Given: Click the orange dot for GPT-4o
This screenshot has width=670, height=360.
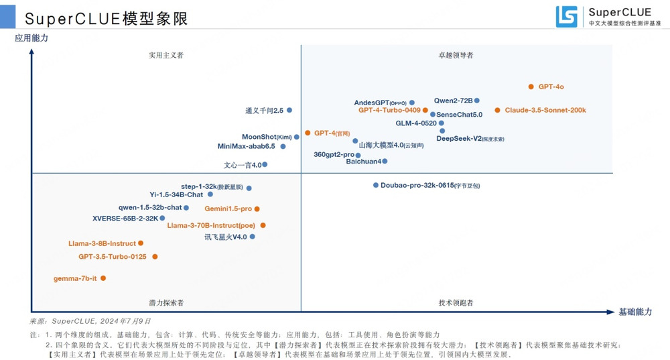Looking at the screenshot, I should [531, 86].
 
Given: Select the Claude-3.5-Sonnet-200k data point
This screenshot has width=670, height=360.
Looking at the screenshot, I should [497, 110].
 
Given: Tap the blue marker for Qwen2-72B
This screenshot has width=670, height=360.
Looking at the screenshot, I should [477, 101].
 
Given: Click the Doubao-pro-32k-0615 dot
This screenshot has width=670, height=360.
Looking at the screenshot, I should [376, 185].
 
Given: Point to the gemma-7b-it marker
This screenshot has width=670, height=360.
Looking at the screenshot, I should [103, 278].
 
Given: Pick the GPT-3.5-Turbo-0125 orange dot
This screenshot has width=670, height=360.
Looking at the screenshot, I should [155, 257].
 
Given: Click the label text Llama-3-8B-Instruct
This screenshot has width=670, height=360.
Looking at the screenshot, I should [102, 243].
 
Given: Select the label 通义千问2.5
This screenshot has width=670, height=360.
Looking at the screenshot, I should [264, 110].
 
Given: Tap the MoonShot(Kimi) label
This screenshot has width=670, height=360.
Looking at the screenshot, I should [261, 137].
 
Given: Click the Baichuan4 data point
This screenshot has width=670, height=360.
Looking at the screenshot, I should [385, 161].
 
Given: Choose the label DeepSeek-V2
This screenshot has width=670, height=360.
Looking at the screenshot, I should [459, 139].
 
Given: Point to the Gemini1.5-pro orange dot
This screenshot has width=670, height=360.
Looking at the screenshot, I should [257, 209].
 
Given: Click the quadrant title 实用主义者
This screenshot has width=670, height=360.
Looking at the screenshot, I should [165, 56].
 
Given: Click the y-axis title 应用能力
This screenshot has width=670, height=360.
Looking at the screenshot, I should [31, 38].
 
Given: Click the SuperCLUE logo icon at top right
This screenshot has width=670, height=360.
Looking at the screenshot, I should [566, 17].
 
